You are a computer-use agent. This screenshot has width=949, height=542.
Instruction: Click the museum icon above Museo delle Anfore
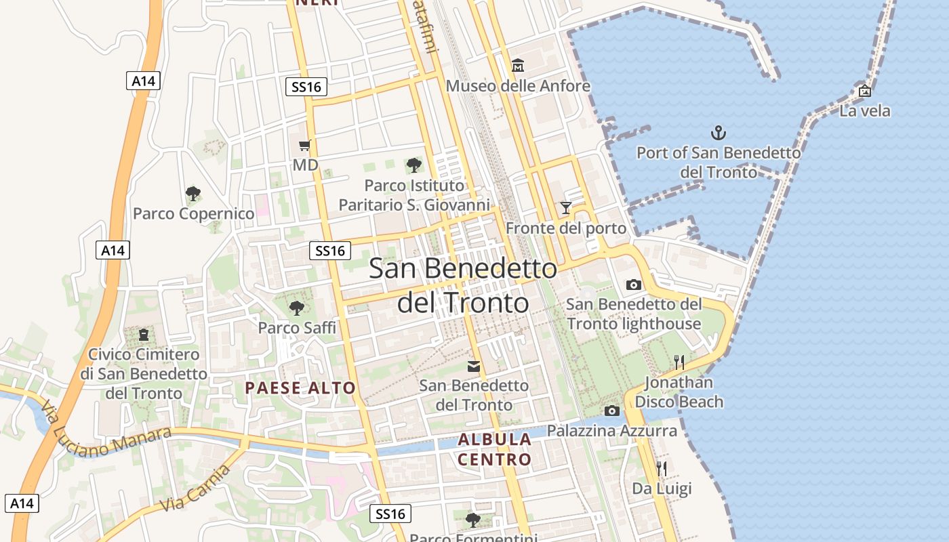coord(518,66)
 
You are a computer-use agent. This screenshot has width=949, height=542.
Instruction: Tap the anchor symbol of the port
coord(718,132)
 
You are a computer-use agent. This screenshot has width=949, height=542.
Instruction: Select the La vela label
coord(864,111)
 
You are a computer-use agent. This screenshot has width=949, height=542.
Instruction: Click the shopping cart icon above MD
coord(305,145)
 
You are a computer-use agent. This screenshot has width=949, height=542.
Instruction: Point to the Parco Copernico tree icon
coord(193,194)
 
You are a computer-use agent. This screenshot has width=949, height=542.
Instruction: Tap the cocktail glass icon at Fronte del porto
coord(566,207)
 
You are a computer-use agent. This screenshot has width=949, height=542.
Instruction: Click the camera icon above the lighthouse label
coord(634,285)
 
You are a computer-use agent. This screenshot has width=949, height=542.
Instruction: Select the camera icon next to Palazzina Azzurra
coord(611,411)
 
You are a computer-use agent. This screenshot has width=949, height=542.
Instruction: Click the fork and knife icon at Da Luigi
coord(662,468)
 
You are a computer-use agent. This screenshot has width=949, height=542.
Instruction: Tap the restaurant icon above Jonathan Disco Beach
coord(679,362)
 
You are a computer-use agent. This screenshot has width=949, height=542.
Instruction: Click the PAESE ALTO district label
coord(300,388)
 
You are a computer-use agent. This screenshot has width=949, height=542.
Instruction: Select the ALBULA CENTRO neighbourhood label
coord(494,449)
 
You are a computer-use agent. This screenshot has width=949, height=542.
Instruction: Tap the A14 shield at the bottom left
coord(22,503)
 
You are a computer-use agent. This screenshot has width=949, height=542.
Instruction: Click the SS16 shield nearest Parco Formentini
coord(390,514)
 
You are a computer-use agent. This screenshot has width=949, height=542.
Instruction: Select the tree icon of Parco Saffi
coord(296,308)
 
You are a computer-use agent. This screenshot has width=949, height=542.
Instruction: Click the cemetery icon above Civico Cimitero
coord(143,334)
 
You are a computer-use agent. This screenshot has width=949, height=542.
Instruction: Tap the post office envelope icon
coord(474,367)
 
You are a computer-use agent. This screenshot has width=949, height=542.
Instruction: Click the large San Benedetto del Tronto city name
coord(463,285)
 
